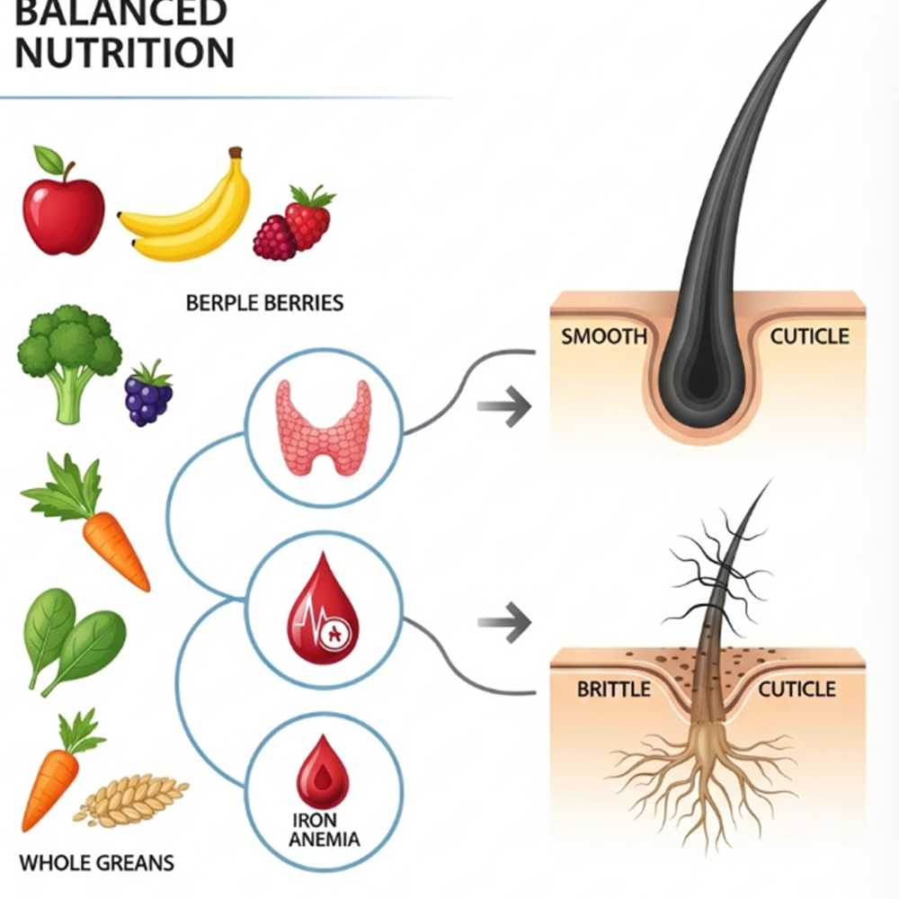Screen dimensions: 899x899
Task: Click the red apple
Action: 63,214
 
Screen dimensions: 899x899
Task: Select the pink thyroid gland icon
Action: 324,426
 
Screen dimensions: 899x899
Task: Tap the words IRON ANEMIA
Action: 325,830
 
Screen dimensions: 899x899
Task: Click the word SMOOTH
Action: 603,337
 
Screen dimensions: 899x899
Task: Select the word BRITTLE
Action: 613,690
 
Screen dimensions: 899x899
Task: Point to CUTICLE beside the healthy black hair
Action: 809,337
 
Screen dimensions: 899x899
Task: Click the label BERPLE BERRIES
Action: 264,303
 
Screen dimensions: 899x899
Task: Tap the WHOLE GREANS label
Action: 96,864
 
